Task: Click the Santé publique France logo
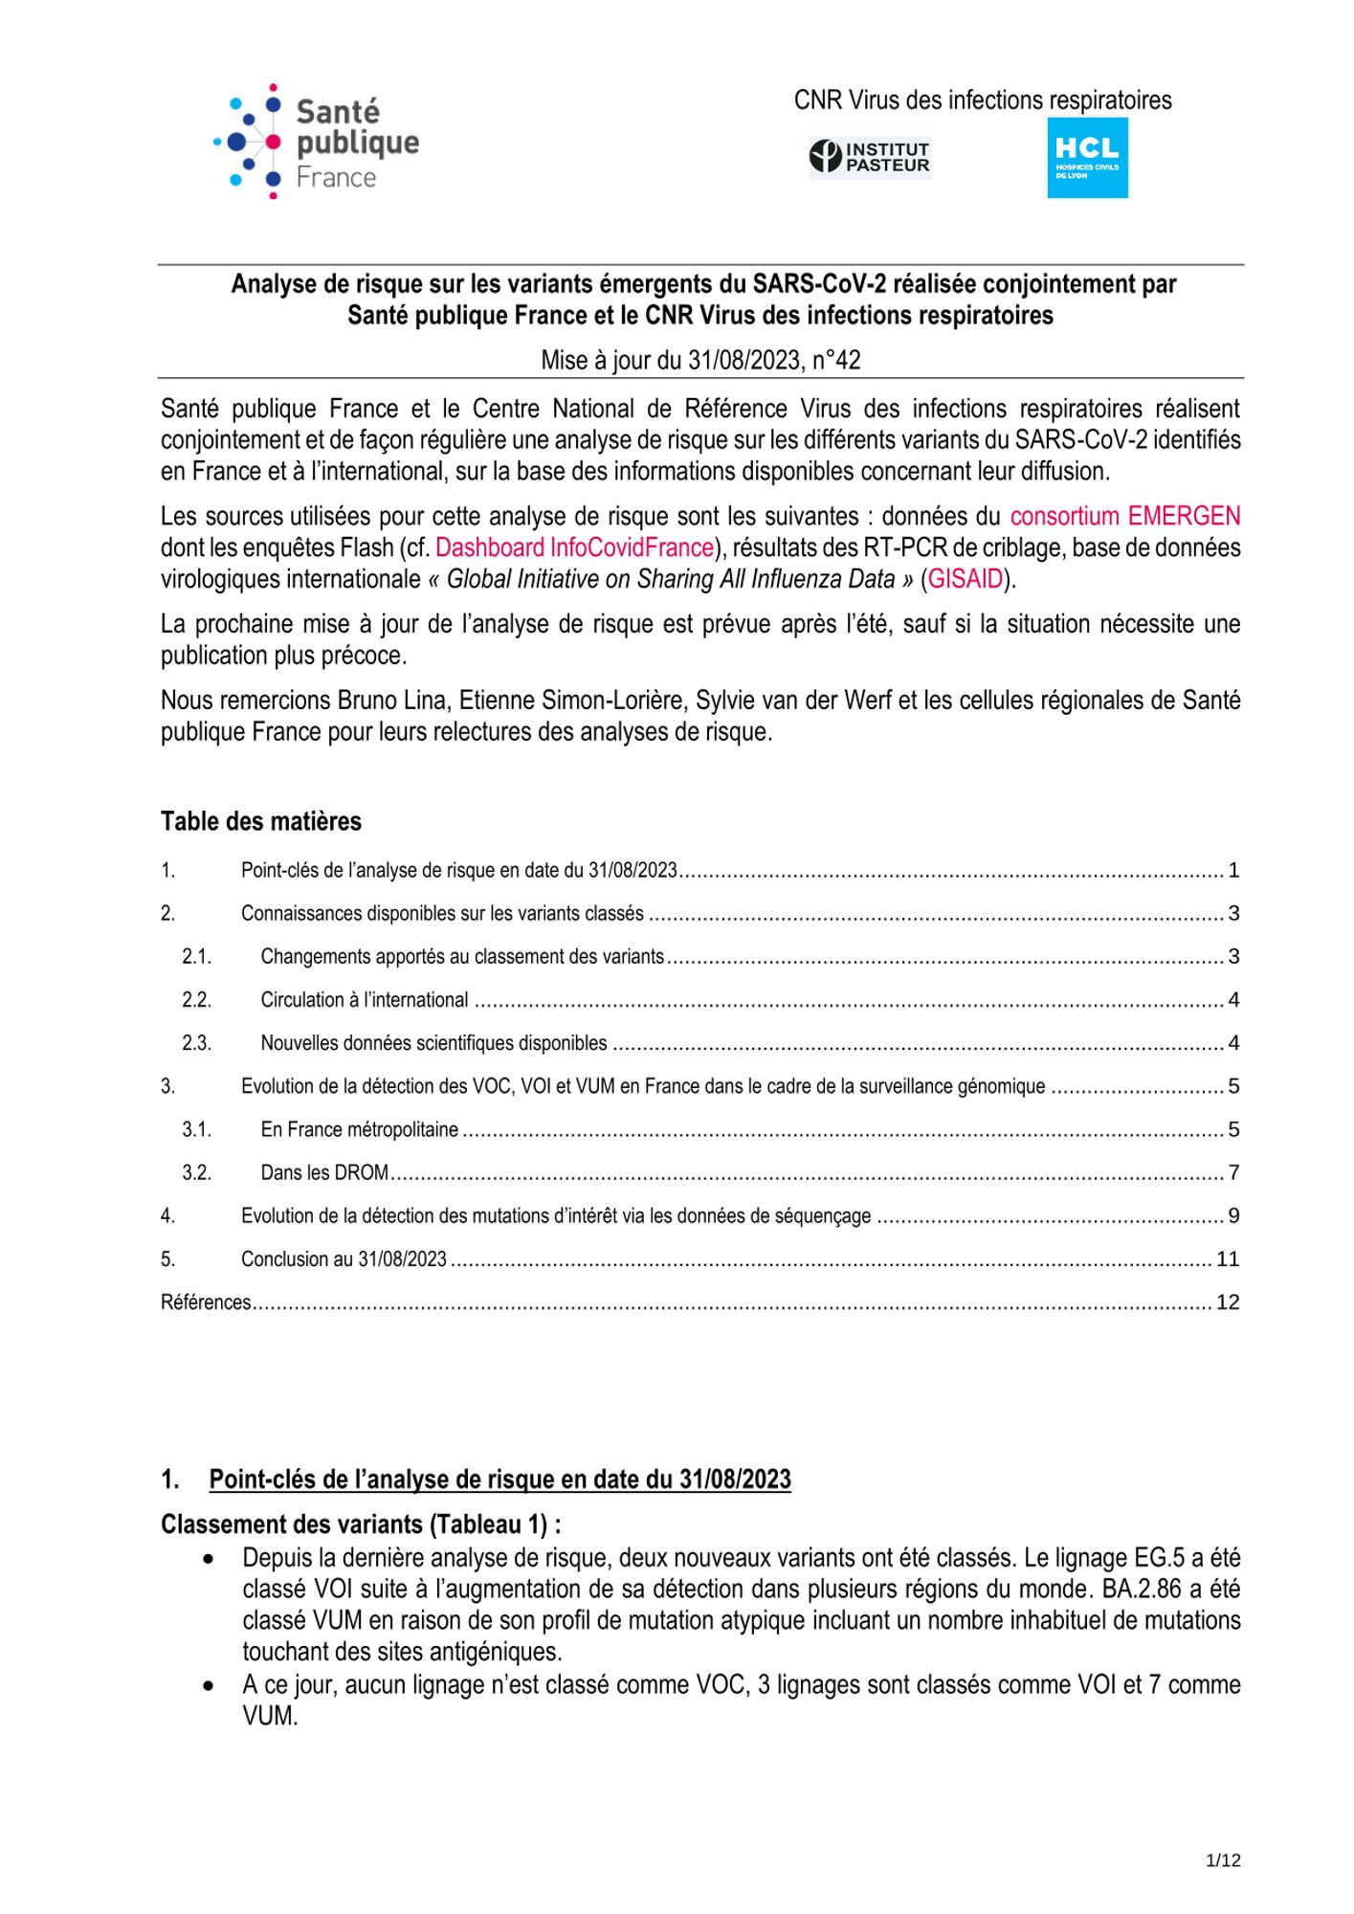tap(316, 142)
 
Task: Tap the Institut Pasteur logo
tap(870, 156)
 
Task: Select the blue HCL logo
tap(1087, 158)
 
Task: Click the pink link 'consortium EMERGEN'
tap(1124, 517)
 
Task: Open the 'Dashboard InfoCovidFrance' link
tap(574, 548)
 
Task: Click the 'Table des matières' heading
tap(261, 821)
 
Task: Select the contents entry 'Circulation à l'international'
tap(365, 1000)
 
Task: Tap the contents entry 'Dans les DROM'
tap(324, 1172)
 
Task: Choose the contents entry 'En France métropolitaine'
tap(359, 1129)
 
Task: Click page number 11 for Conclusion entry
tap(1228, 1259)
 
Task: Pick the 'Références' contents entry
tap(206, 1302)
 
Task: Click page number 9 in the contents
tap(1233, 1216)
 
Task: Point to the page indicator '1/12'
tap(1223, 1860)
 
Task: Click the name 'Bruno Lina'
tap(392, 701)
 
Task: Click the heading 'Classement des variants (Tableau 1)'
tap(361, 1525)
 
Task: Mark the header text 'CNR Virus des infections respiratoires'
tap(983, 100)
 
